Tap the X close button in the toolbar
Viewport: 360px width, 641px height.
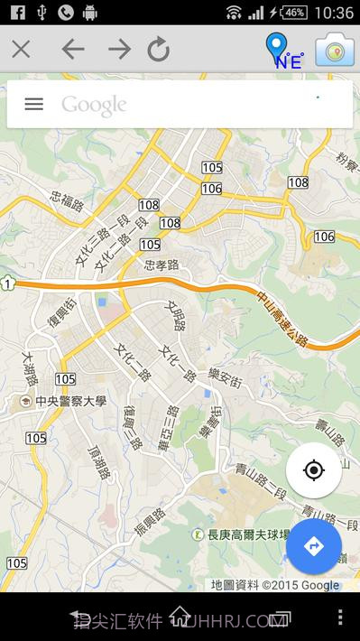pyautogui.click(x=21, y=49)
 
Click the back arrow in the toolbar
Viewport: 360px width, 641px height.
pyautogui.click(x=72, y=49)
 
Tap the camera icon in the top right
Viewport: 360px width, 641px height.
pyautogui.click(x=335, y=50)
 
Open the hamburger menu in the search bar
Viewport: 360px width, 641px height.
pyautogui.click(x=33, y=104)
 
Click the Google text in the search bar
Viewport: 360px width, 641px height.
pyautogui.click(x=94, y=105)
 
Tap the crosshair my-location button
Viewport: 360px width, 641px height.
pyautogui.click(x=313, y=470)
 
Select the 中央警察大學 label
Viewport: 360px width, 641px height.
pyautogui.click(x=64, y=401)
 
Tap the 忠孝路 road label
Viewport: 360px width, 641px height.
pyautogui.click(x=162, y=265)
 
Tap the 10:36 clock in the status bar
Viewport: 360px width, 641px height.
pyautogui.click(x=335, y=12)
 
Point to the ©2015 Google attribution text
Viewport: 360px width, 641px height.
pyautogui.click(x=300, y=585)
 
